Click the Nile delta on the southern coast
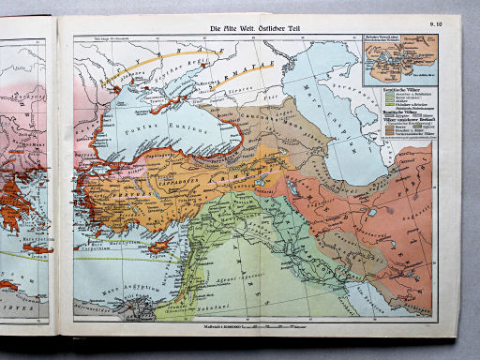[x=132, y=300]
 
